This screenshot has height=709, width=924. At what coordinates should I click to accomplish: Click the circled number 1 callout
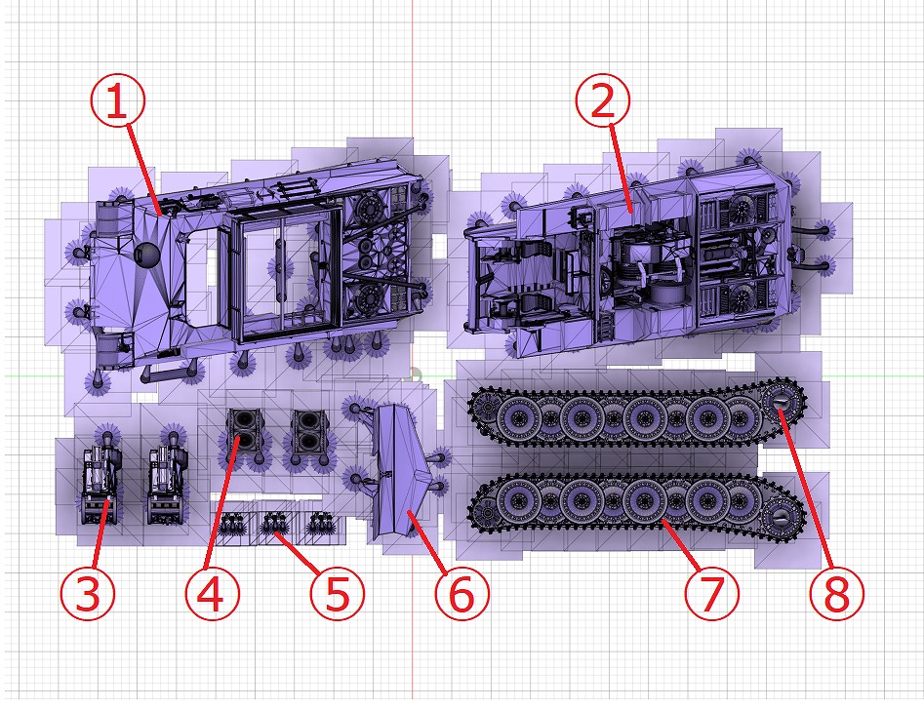[117, 100]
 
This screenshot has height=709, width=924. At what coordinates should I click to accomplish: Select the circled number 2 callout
[602, 99]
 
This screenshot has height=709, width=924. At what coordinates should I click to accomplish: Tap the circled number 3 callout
[87, 593]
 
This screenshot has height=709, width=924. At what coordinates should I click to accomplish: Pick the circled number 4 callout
[212, 593]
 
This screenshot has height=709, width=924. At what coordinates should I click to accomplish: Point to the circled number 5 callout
[338, 593]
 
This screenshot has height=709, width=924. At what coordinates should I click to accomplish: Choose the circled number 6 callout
[462, 593]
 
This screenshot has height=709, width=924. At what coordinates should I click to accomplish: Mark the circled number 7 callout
[712, 593]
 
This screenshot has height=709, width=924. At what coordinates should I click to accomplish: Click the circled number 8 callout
[837, 593]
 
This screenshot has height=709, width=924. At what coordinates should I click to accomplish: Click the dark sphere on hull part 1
[147, 255]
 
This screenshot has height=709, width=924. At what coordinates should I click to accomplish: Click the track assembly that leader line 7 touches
[636, 506]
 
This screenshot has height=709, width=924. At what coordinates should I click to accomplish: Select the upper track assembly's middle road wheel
[645, 418]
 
